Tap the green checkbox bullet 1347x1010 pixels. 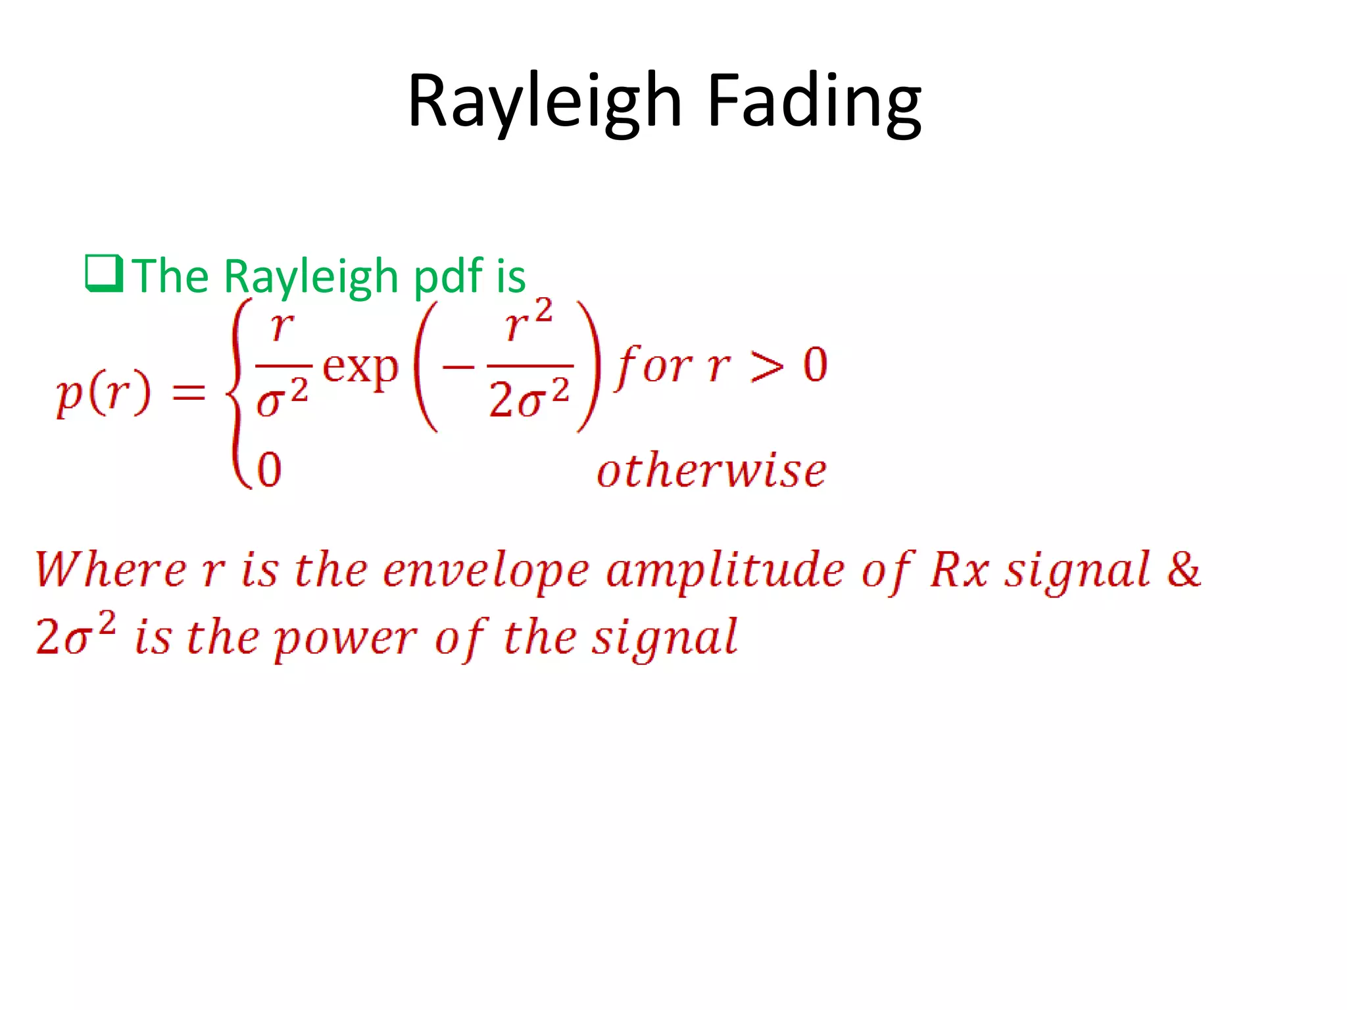point(104,274)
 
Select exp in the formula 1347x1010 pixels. point(360,368)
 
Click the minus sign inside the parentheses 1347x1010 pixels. point(458,366)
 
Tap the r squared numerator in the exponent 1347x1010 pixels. point(528,322)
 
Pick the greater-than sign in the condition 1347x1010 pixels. point(767,366)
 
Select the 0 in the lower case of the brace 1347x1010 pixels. point(269,469)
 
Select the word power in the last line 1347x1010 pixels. point(345,638)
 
